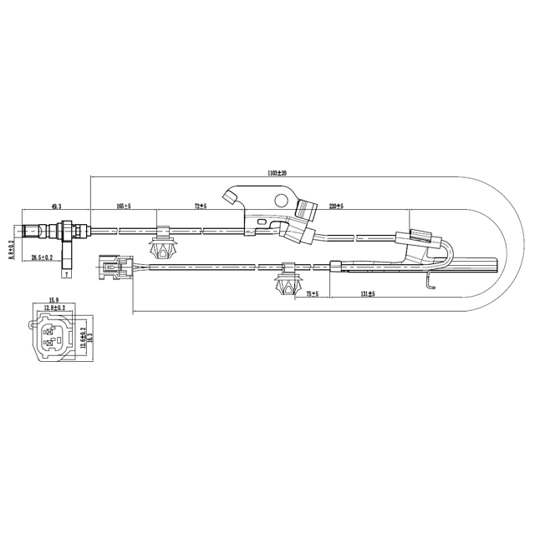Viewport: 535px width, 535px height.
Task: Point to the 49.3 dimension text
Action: pos(56,205)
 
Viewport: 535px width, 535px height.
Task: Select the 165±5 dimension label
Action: pos(125,205)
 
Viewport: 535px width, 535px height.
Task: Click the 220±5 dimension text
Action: pos(336,205)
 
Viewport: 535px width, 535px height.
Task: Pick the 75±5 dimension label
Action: pos(313,294)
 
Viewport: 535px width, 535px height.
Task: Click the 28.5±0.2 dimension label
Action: pos(43,257)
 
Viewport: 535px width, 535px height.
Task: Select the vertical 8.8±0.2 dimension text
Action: pos(11,248)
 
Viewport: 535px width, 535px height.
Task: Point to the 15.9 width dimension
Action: pos(53,300)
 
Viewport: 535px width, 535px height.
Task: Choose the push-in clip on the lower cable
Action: pos(287,283)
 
